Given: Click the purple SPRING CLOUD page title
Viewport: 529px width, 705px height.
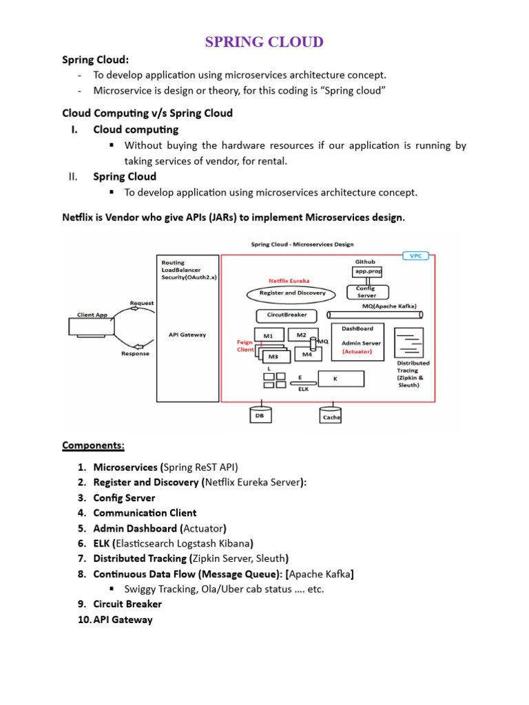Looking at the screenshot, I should click(264, 42).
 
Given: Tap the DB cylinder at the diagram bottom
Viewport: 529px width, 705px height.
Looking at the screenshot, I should click(260, 415).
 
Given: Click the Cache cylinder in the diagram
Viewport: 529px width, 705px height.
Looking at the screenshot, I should click(331, 416).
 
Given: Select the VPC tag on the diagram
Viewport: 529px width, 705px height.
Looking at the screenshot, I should click(415, 255).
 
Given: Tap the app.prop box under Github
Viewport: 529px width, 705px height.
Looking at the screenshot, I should click(366, 272).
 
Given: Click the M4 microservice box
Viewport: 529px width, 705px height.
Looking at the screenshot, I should click(307, 354).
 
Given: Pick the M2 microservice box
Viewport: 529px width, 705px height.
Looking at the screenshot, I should click(301, 335).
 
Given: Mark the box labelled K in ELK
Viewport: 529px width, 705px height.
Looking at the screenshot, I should click(339, 379).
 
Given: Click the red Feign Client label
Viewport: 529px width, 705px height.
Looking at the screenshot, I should click(245, 346).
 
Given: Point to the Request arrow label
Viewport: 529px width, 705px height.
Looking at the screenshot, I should click(142, 303).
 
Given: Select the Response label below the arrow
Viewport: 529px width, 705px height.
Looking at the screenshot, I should click(135, 354).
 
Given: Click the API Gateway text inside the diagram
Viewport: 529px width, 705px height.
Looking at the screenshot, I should click(187, 335).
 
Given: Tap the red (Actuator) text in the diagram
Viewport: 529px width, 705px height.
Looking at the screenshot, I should click(357, 351).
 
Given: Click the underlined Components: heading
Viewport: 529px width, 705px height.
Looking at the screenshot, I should click(93, 445).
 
